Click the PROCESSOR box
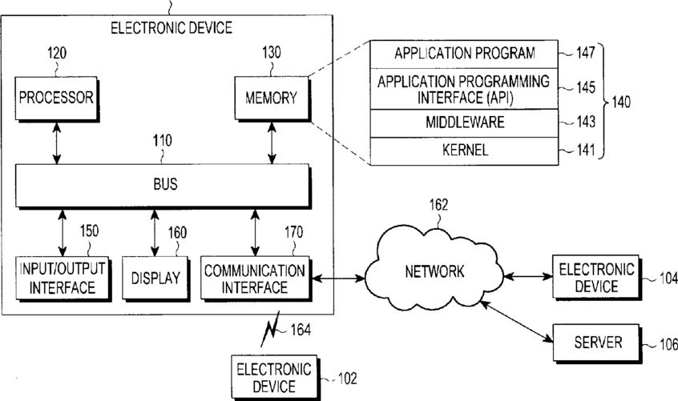pyautogui.click(x=56, y=98)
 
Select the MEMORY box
pyautogui.click(x=272, y=98)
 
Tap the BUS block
pyautogui.click(x=163, y=186)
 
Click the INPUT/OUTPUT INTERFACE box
pyautogui.click(x=63, y=279)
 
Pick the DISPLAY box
pyautogui.click(x=155, y=279)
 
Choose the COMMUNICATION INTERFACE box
pyautogui.click(x=256, y=279)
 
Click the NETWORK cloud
pyautogui.click(x=434, y=272)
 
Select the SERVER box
pyautogui.click(x=597, y=343)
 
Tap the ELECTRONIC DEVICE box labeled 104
pyautogui.click(x=596, y=277)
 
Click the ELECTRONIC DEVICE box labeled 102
pyautogui.click(x=275, y=378)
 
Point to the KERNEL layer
pyautogui.click(x=464, y=151)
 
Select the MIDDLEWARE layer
pyautogui.click(x=464, y=123)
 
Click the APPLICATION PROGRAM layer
pyautogui.click(x=464, y=54)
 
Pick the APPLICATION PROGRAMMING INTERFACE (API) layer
pyautogui.click(x=464, y=89)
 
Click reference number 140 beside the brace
pyautogui.click(x=621, y=102)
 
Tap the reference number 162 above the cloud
pyautogui.click(x=438, y=205)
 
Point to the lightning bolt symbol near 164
pyautogui.click(x=270, y=329)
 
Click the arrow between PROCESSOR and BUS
pyautogui.click(x=57, y=142)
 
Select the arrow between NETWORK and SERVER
pyautogui.click(x=517, y=322)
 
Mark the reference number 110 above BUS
pyautogui.click(x=162, y=141)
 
